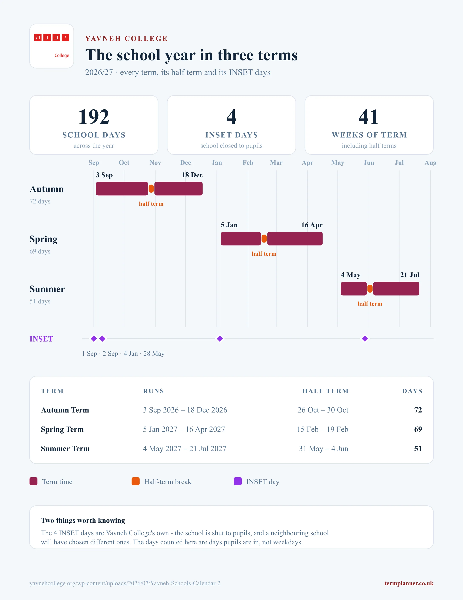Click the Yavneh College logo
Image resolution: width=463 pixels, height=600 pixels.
click(51, 46)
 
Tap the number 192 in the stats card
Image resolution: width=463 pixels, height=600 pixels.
click(94, 117)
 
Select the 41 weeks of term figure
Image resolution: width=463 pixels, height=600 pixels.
click(369, 117)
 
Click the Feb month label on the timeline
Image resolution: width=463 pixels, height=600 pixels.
click(248, 163)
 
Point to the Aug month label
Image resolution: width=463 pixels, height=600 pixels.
click(430, 163)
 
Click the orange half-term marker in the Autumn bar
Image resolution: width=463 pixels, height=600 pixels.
click(151, 189)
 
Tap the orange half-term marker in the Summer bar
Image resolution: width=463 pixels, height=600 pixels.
click(370, 289)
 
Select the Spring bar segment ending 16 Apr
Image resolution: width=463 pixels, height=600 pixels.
click(295, 239)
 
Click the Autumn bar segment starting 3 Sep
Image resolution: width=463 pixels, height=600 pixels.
click(122, 189)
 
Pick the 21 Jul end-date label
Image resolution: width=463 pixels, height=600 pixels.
click(410, 275)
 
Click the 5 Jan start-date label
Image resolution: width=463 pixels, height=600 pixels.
click(229, 225)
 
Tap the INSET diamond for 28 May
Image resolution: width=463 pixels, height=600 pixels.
click(365, 339)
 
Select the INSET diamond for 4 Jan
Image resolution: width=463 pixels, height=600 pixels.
click(220, 339)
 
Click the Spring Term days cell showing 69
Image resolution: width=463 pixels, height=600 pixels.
click(418, 429)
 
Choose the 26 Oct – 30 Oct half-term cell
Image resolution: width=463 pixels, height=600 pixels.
click(323, 410)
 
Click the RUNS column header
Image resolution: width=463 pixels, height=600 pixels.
click(153, 391)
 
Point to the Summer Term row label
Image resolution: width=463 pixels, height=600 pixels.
click(65, 449)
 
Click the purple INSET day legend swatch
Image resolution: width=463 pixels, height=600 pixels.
click(237, 481)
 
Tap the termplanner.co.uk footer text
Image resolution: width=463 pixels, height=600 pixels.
click(409, 583)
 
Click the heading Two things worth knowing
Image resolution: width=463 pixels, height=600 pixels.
click(83, 520)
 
